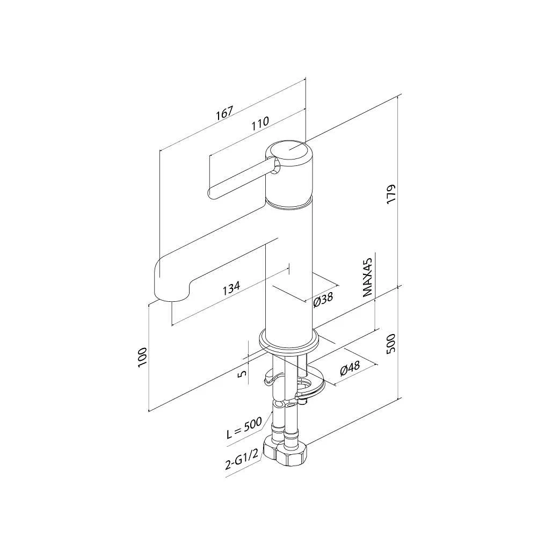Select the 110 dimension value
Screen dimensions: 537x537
[260, 122]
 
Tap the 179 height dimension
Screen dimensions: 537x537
[391, 193]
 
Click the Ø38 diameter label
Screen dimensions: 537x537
[323, 300]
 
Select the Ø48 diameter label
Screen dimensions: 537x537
[350, 369]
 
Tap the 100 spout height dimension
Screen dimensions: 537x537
[142, 357]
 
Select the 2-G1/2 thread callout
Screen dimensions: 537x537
[243, 460]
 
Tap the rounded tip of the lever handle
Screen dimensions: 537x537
[212, 192]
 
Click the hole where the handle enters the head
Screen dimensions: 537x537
[274, 169]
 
